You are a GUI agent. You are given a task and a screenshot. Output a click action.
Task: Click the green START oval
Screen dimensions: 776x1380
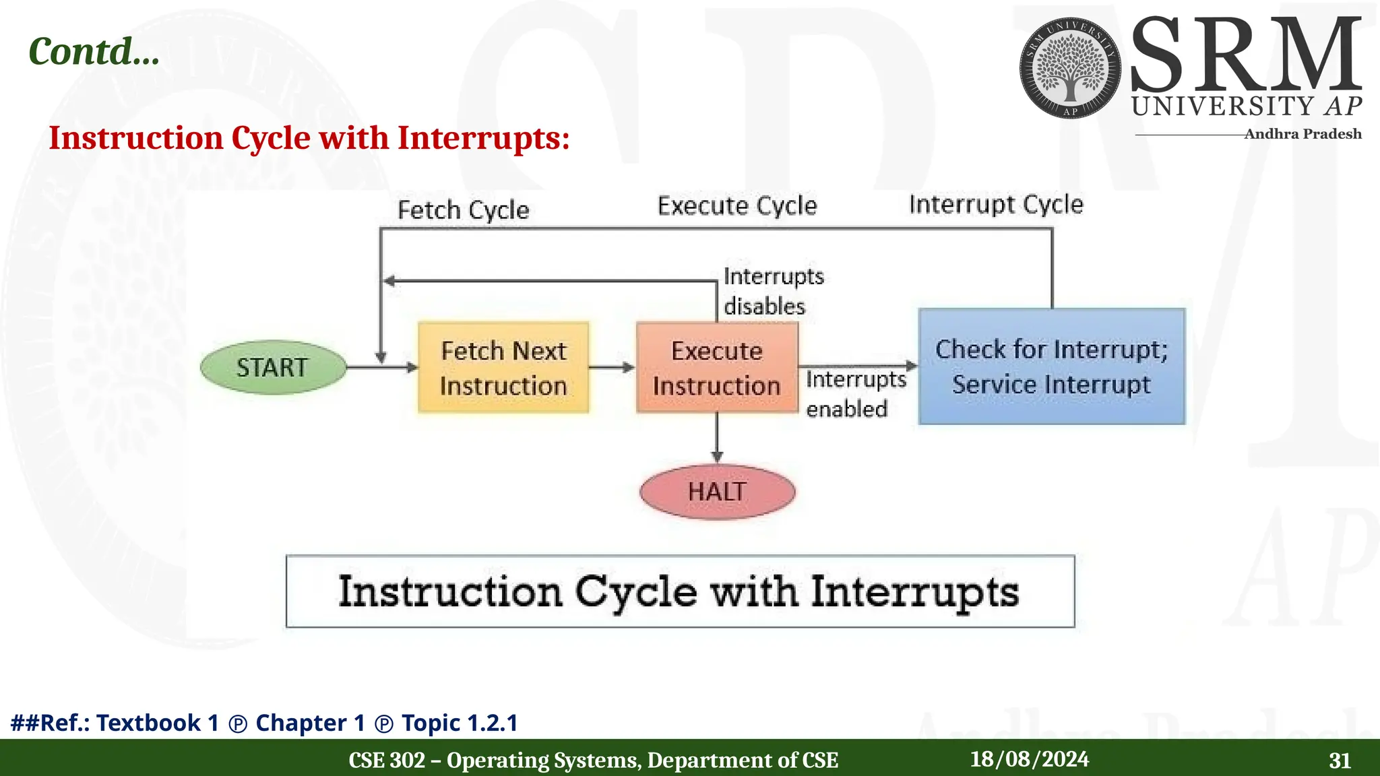click(273, 367)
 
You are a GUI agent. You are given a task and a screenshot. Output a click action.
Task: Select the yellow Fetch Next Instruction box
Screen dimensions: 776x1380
click(503, 368)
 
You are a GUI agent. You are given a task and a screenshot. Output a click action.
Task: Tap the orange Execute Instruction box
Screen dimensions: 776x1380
click(717, 368)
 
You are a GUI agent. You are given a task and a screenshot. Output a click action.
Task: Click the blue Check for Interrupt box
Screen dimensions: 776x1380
click(1051, 366)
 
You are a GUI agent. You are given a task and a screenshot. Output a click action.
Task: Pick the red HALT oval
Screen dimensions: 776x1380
click(717, 492)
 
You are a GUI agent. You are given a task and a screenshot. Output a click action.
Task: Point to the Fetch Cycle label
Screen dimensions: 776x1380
click(463, 210)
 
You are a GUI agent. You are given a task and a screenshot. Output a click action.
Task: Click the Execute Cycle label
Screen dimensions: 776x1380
click(737, 205)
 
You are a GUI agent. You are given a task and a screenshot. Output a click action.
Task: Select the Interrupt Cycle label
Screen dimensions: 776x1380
click(996, 204)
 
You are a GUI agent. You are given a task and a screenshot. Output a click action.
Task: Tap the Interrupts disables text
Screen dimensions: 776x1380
click(773, 291)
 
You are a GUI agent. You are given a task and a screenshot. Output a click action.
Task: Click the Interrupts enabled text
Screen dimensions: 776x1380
click(855, 394)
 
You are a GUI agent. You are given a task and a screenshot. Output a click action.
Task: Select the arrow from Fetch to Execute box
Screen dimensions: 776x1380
click(611, 367)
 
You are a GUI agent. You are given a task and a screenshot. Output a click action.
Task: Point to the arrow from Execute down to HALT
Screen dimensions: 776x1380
click(717, 438)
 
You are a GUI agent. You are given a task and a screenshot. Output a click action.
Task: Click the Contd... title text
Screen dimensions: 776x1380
click(94, 51)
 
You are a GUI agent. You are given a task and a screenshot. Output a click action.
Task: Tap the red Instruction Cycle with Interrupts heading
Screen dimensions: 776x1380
click(309, 138)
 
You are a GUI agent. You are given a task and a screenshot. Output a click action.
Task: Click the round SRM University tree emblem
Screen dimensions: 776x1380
click(1070, 68)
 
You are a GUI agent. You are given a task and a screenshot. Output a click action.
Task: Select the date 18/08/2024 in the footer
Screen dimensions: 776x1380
click(1029, 759)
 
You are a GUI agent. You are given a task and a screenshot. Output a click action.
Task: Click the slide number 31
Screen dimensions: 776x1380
click(1340, 761)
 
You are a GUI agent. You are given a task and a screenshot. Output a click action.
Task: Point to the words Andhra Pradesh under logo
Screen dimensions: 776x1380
click(1302, 134)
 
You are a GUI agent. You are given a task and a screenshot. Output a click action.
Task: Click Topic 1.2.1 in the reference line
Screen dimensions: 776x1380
click(460, 723)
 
